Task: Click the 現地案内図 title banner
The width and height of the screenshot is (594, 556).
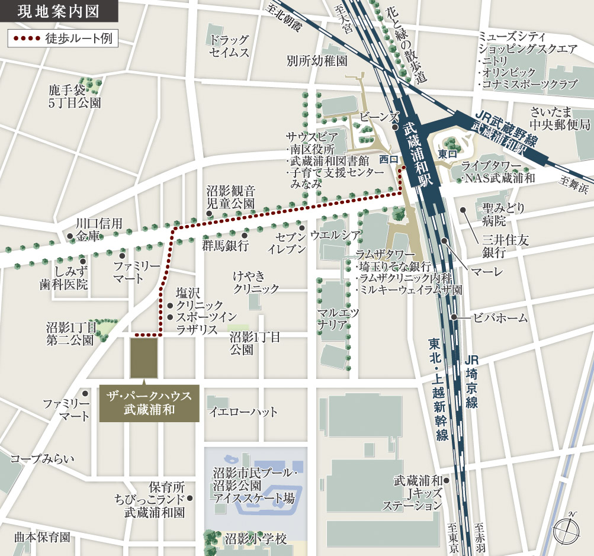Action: (x=57, y=11)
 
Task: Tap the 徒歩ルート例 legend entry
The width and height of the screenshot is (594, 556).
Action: (x=62, y=38)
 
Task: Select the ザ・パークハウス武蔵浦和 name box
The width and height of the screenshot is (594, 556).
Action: (x=149, y=403)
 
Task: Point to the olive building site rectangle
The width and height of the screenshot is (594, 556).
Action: (x=144, y=358)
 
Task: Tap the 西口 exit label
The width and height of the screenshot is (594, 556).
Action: (x=388, y=159)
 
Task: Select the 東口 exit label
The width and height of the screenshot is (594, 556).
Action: (x=447, y=153)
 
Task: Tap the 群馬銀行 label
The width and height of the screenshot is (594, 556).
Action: (x=225, y=245)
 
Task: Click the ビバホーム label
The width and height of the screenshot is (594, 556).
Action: (x=500, y=318)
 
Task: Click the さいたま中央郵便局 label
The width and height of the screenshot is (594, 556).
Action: (x=560, y=118)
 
